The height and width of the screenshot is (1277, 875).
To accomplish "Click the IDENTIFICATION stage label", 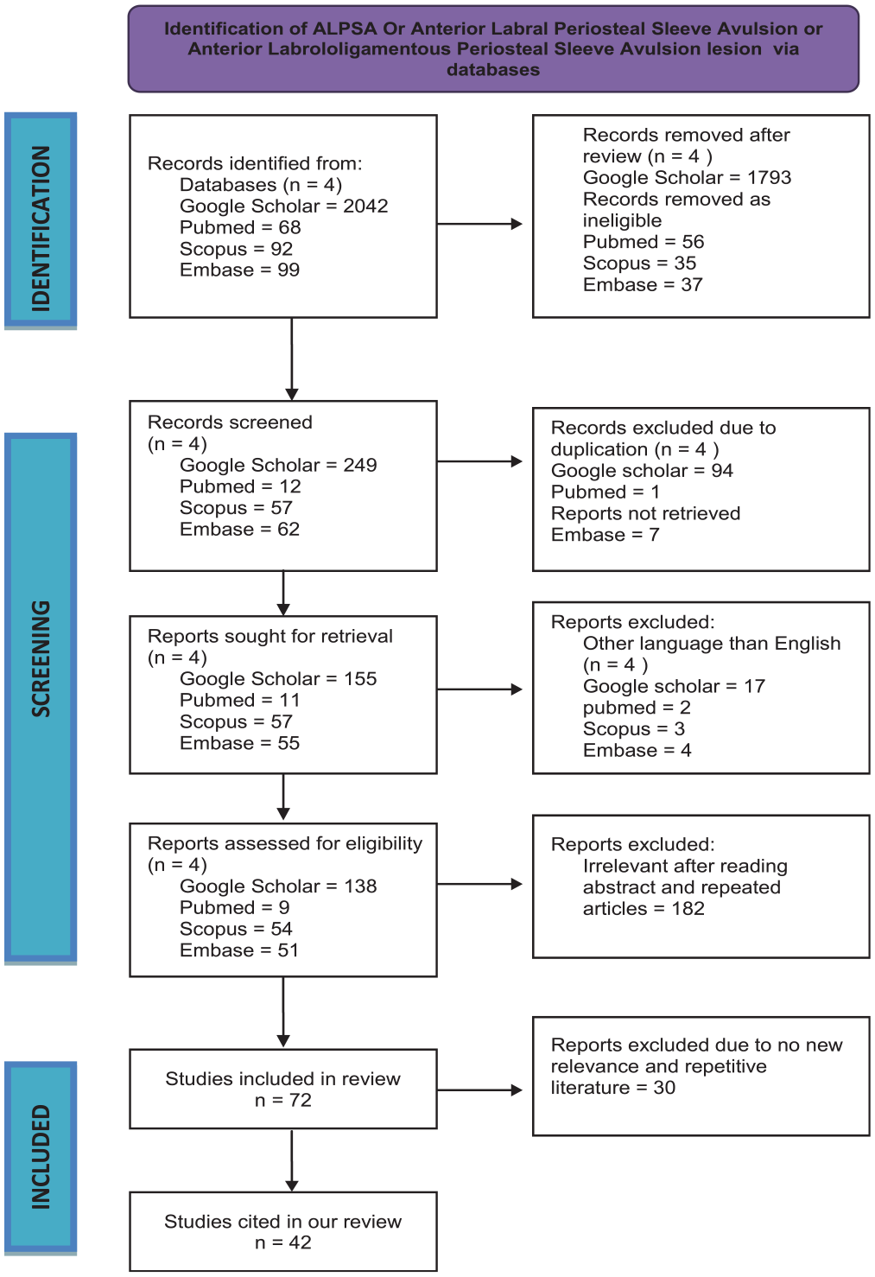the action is [x=41, y=229].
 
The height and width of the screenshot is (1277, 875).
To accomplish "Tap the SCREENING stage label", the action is [x=41, y=658].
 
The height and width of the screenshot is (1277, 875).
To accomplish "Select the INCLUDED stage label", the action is [x=41, y=1157].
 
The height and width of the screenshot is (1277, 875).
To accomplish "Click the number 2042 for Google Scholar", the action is [x=365, y=206].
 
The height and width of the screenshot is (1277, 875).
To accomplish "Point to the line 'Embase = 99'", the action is [x=239, y=270].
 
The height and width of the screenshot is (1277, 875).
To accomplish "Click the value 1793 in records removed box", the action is [x=769, y=177].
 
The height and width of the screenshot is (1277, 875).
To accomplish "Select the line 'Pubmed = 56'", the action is [x=644, y=242].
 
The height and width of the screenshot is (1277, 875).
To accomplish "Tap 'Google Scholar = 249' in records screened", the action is [x=278, y=465].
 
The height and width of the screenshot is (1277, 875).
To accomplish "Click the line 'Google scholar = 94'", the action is [x=642, y=471].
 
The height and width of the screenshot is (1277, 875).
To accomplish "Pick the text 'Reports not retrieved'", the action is [x=645, y=513].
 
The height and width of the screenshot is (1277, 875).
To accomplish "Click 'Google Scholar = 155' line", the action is [x=278, y=679].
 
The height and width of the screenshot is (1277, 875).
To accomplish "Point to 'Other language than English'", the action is [x=712, y=644].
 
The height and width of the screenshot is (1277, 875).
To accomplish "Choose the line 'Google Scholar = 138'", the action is [x=278, y=886].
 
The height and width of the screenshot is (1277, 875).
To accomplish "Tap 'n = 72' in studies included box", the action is [x=283, y=1100].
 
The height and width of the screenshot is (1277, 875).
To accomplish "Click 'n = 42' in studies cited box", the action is [x=283, y=1242].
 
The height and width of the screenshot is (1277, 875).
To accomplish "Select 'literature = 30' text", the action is [x=612, y=1088].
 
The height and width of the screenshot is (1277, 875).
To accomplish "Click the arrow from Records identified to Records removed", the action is [x=480, y=224].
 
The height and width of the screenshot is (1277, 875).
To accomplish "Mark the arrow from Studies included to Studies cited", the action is [x=292, y=1160].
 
